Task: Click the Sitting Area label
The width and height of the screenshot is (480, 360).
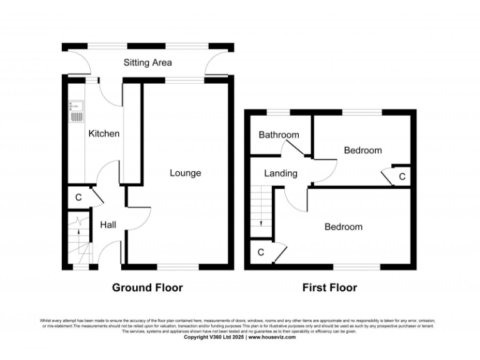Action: click(x=147, y=62)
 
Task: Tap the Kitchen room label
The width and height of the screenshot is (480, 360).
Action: click(x=104, y=133)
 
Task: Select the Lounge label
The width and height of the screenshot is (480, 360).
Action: click(x=186, y=172)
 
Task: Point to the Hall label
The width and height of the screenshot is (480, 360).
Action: click(x=109, y=225)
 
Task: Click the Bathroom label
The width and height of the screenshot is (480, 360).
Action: click(x=279, y=134)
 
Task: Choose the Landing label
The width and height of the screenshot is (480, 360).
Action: click(x=281, y=173)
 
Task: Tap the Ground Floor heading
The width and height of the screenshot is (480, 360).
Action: click(x=147, y=287)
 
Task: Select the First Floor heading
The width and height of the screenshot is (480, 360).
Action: click(x=329, y=287)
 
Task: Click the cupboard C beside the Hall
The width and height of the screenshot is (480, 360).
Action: click(x=78, y=197)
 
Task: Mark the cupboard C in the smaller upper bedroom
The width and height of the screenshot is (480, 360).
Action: click(x=402, y=177)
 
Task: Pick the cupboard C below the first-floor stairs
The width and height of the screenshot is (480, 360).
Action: click(x=261, y=252)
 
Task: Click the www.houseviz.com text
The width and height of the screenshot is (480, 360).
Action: click(x=272, y=337)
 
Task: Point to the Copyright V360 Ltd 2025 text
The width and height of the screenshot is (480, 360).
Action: click(x=214, y=337)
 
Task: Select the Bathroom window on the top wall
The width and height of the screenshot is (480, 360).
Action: click(x=279, y=112)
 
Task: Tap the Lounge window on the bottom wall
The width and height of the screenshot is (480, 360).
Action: click(x=177, y=267)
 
